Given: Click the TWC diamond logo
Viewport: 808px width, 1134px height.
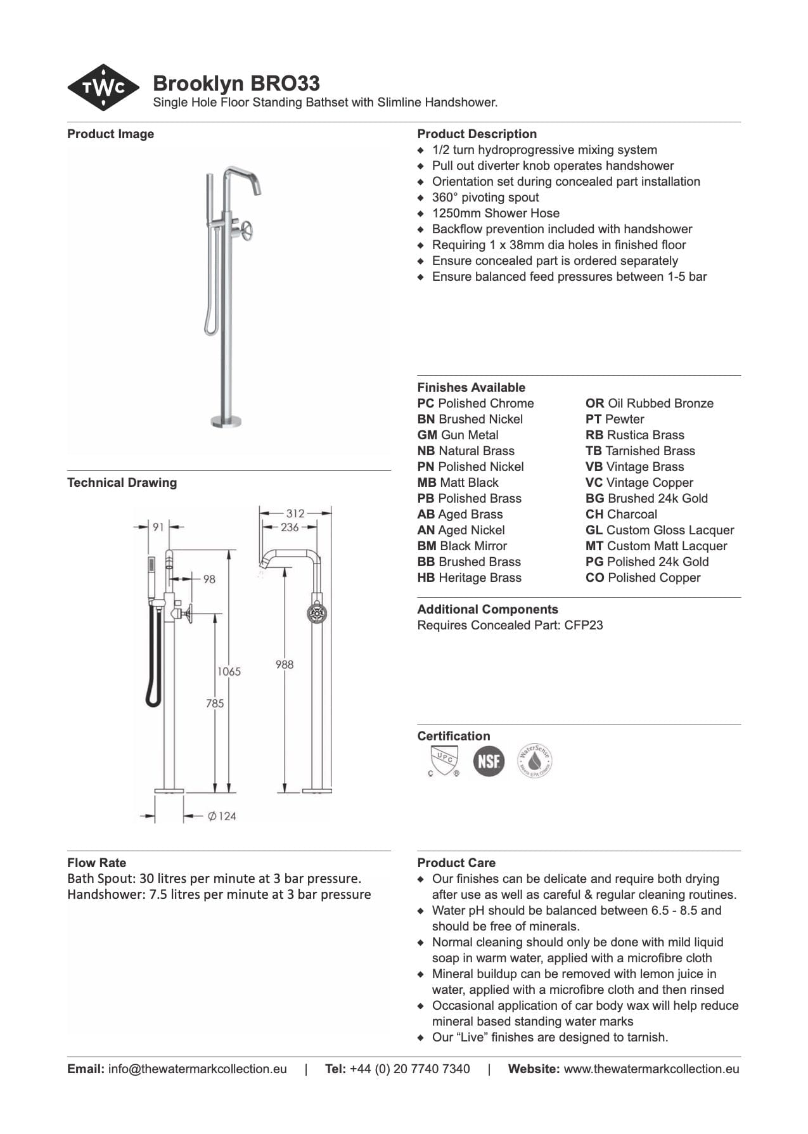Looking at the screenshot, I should [x=103, y=87].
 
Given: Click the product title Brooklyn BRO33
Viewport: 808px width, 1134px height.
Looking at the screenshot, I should [x=236, y=84].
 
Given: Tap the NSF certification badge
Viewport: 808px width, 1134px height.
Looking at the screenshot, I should [x=489, y=761].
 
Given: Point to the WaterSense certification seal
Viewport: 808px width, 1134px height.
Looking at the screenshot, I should [x=534, y=761].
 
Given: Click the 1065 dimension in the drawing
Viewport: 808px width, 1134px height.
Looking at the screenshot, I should [x=229, y=672].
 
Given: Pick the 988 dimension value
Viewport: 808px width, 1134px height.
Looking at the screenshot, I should [x=285, y=664].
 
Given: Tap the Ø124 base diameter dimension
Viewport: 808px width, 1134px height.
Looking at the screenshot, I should [x=222, y=816].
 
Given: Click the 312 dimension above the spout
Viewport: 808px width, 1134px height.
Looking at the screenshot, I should [x=295, y=513].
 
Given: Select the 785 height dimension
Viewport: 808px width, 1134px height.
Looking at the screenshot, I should [x=215, y=703].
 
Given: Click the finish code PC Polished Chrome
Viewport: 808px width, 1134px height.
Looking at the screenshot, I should [x=475, y=404].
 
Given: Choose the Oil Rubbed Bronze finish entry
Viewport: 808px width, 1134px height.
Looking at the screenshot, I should [x=649, y=404].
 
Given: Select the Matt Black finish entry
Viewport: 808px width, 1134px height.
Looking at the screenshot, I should [x=458, y=483].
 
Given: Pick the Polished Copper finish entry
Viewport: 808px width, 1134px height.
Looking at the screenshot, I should [x=643, y=578].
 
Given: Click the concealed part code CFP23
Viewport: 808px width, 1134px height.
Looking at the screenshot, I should [x=584, y=626].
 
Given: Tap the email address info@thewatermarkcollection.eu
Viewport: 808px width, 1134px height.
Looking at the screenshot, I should [x=197, y=1069].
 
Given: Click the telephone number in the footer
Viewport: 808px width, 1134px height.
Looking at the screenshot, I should [x=409, y=1069].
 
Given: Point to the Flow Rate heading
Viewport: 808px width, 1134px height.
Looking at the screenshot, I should [x=96, y=863].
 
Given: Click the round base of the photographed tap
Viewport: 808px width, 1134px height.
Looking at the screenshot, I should [x=226, y=421].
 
